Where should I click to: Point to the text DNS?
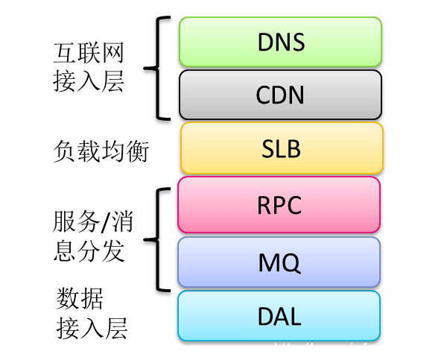tap(280, 42)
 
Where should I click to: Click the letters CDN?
tap(280, 95)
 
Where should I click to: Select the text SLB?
tap(282, 149)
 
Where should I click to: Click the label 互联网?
tap(89, 53)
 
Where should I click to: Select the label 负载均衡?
tap(102, 151)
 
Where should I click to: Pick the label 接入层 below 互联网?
tap(89, 83)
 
